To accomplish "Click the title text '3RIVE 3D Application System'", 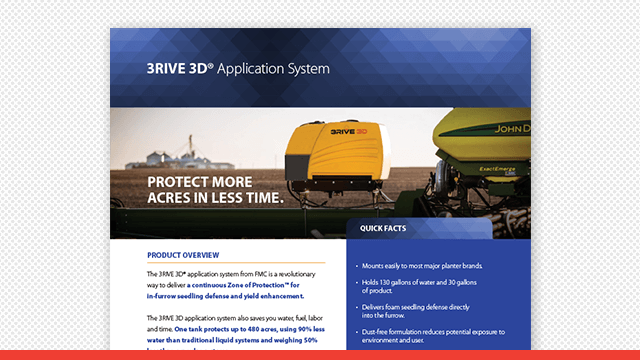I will click(237, 70).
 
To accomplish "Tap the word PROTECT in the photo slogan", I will click(183, 182).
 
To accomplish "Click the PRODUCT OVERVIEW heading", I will click(183, 255).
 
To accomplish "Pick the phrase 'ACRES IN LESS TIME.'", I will click(215, 198).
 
